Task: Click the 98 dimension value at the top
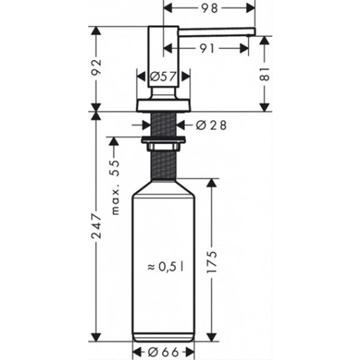tap(210, 8)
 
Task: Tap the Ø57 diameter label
tap(163, 76)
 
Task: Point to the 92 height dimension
tap(97, 68)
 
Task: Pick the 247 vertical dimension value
tap(97, 226)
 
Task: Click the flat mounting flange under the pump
tap(163, 106)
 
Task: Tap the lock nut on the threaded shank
tap(163, 144)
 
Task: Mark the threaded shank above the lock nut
tap(163, 125)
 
